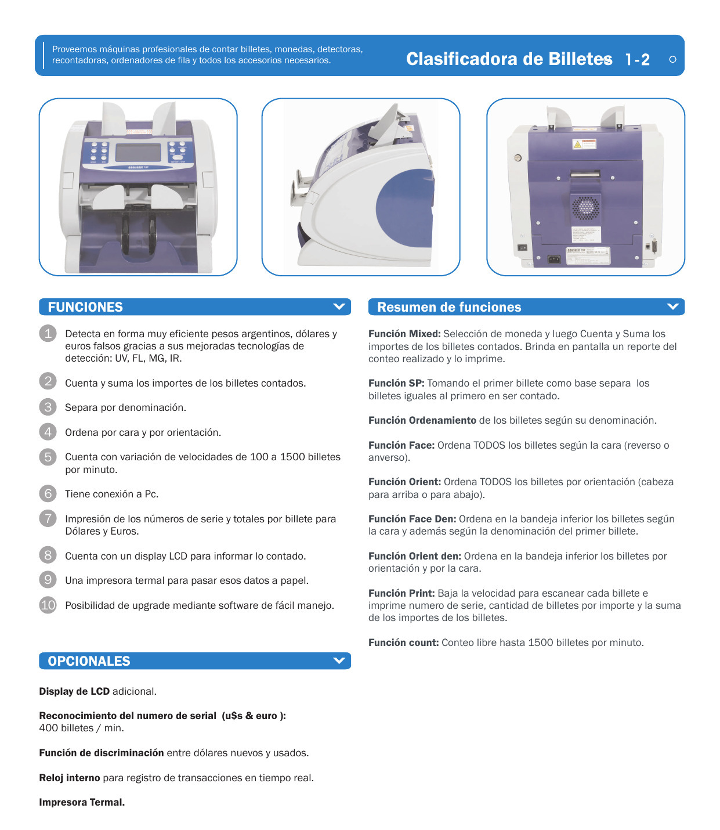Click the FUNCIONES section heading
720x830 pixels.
coord(85,306)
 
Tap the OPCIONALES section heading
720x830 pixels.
coord(89,661)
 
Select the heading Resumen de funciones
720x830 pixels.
coord(449,306)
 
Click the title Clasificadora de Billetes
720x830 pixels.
coord(509,59)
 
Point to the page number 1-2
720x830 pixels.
coord(638,60)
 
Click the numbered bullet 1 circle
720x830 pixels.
coord(48,334)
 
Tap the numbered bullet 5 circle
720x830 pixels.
coord(48,457)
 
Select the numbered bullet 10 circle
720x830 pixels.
coord(48,605)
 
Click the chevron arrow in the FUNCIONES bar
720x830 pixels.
coord(339,306)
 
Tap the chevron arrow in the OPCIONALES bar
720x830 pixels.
coord(339,661)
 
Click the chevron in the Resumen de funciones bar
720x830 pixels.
coord(672,306)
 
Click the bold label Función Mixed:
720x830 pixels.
coord(404,334)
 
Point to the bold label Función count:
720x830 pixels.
coord(403,643)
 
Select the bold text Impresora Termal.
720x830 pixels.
coord(82,802)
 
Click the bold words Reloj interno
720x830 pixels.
coord(69,778)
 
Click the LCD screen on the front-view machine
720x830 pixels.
coord(138,153)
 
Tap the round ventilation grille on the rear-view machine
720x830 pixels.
coord(585,207)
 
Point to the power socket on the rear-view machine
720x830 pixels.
coord(554,259)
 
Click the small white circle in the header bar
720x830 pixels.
coord(672,60)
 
